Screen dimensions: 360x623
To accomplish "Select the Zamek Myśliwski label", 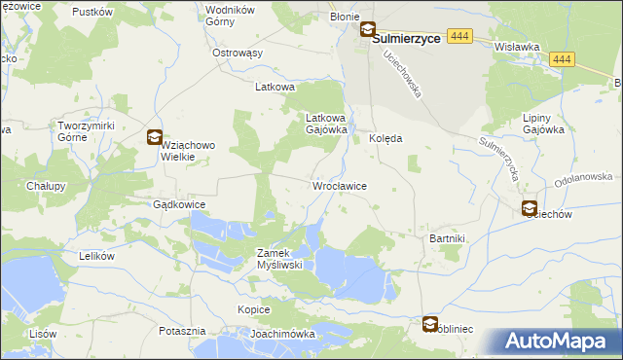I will click(279, 258).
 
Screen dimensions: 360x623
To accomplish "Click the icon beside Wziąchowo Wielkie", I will click(154, 137).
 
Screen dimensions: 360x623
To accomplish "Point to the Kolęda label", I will click(385, 138).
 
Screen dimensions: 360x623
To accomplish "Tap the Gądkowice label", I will click(179, 205).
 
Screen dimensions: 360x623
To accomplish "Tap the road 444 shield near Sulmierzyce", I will click(460, 35).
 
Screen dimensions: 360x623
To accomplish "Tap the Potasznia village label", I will click(182, 331).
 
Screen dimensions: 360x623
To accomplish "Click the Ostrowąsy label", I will click(238, 53).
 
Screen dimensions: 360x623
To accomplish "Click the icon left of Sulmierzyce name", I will click(368, 30).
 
